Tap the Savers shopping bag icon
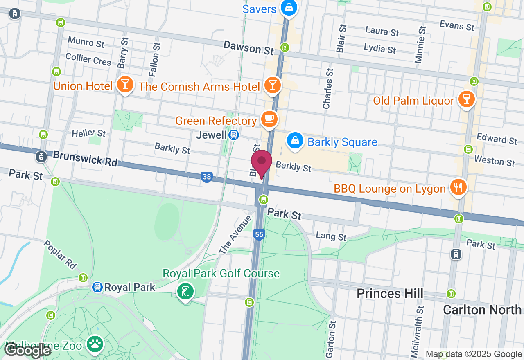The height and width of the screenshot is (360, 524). tap(289, 8)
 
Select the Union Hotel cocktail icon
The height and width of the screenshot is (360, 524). tap(125, 85)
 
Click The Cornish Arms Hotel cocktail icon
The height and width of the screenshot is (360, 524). tap(272, 85)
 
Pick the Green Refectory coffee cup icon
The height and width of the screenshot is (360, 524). tap(269, 119)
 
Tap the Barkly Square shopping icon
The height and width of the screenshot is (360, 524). tap(295, 141)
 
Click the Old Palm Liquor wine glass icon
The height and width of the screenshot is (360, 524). tap(466, 99)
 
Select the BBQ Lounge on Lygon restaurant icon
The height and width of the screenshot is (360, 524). tap(457, 187)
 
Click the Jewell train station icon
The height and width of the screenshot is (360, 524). tap(234, 135)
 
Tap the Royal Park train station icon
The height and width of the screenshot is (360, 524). tap(97, 287)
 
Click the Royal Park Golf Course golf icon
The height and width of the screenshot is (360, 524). tap(185, 291)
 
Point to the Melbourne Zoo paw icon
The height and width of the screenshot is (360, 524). tap(95, 344)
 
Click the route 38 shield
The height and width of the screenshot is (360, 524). tap(207, 177)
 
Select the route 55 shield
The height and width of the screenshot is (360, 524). tap(259, 234)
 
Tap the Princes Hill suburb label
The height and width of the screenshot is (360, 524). tap(390, 293)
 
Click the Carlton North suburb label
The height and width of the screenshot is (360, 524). tap(482, 310)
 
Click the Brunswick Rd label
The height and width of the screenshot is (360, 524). tap(85, 158)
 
